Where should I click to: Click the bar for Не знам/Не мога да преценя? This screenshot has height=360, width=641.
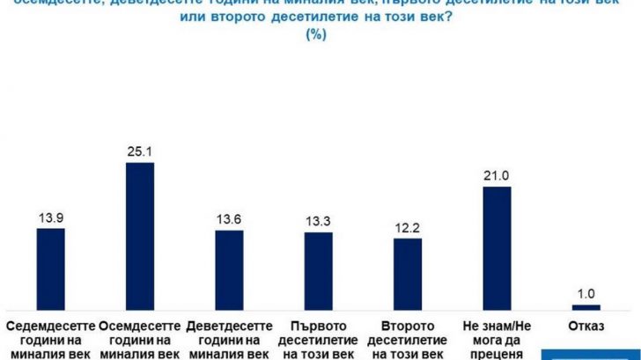click(497, 247)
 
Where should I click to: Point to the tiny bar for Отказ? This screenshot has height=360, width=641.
click(586, 306)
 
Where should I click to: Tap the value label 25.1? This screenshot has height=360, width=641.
click(140, 151)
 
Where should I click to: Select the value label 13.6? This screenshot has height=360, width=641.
click(230, 218)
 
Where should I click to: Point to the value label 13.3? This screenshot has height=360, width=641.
click(319, 221)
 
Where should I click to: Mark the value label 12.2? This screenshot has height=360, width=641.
click(408, 227)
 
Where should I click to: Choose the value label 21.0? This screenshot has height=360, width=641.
click(497, 175)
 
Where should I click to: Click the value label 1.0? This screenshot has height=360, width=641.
click(586, 293)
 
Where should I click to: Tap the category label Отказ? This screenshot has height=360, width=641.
click(586, 327)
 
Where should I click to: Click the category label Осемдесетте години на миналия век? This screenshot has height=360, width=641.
click(140, 340)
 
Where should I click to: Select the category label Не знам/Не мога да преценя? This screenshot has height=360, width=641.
click(497, 340)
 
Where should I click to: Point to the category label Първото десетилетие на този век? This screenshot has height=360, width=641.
click(319, 340)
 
